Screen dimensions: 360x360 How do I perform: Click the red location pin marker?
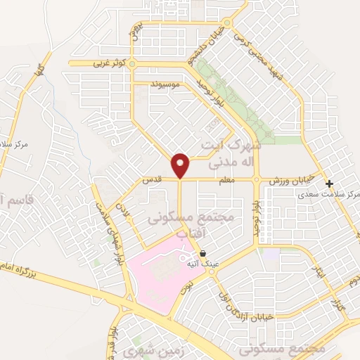[181, 166]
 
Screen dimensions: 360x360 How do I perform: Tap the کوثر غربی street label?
[108, 63]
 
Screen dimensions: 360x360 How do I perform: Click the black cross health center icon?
[329, 184]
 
